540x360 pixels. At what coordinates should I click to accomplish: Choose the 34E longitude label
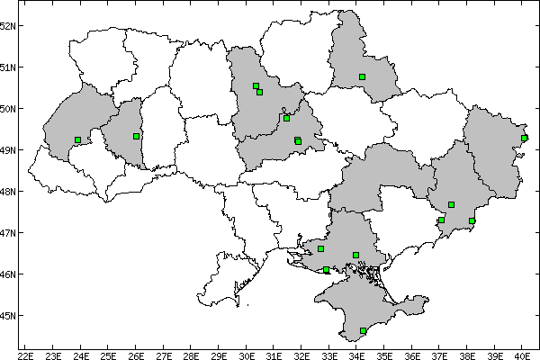pyautogui.click(x=356, y=354)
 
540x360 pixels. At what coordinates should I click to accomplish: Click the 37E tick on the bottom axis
pyautogui.click(x=439, y=354)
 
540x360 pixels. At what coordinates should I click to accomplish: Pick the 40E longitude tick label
pyautogui.click(x=522, y=354)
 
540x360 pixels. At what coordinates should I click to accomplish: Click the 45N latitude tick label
pyautogui.click(x=8, y=316)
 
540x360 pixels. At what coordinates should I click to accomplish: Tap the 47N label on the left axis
pyautogui.click(x=8, y=233)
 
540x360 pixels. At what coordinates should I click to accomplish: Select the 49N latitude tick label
pyautogui.click(x=8, y=150)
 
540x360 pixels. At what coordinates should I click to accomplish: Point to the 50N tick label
pyautogui.click(x=8, y=109)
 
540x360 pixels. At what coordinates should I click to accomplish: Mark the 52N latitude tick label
pyautogui.click(x=8, y=25)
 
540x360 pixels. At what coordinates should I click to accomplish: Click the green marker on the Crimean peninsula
pyautogui.click(x=363, y=331)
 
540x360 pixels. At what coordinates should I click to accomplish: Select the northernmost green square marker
pyautogui.click(x=362, y=77)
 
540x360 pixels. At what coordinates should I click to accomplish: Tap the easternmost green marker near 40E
pyautogui.click(x=524, y=138)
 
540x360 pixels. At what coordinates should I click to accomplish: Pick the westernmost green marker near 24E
pyautogui.click(x=78, y=139)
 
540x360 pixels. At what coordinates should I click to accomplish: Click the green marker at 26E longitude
pyautogui.click(x=136, y=136)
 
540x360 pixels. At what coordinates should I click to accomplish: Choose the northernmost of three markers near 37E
pyautogui.click(x=451, y=205)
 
